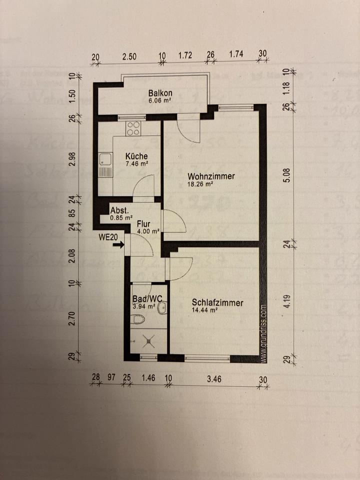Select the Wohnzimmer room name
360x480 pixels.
(211, 176)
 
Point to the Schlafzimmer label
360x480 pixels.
(217, 303)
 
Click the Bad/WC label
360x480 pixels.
(146, 299)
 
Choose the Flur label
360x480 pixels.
(144, 224)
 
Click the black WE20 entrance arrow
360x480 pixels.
(118, 245)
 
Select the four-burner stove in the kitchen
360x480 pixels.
(133, 128)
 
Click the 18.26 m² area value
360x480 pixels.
(201, 184)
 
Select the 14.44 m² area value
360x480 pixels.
(204, 310)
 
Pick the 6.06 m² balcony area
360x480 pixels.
(159, 99)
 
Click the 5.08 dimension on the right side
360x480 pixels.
(286, 176)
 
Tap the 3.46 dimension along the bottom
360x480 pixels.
(214, 379)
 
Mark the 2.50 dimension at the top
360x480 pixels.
(129, 56)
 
